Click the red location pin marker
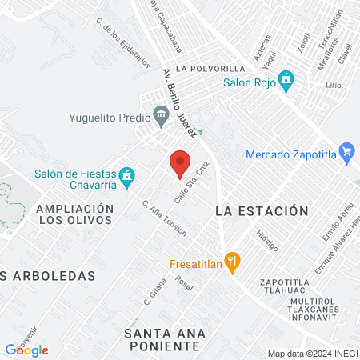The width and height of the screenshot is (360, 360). pyautogui.click(x=180, y=163)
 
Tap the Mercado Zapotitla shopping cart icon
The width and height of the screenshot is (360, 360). pyautogui.click(x=346, y=151)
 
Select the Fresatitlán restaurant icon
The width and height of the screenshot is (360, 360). pyautogui.click(x=232, y=260)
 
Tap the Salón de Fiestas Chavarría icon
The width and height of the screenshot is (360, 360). pyautogui.click(x=126, y=175)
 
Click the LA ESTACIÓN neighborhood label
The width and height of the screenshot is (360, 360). pyautogui.click(x=262, y=211)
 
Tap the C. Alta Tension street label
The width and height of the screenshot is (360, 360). pyautogui.click(x=164, y=218)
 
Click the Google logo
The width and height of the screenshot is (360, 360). pyautogui.click(x=26, y=350)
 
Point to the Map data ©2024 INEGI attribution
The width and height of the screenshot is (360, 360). pyautogui.click(x=313, y=354)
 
